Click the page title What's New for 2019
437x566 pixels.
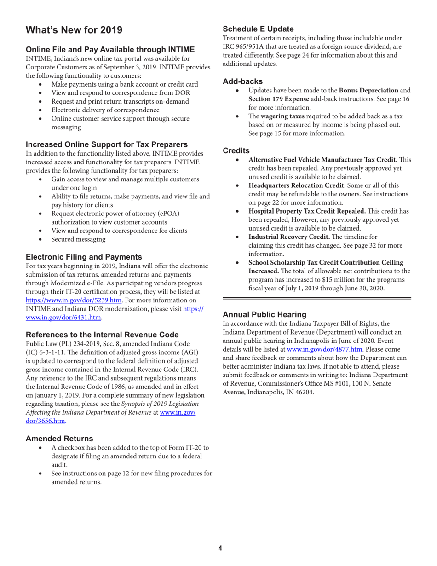tap(74, 30)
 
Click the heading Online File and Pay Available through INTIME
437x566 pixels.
tap(110, 49)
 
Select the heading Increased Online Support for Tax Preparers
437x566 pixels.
tap(106, 144)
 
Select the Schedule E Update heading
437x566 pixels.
tap(258, 29)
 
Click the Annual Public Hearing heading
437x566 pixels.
tap(264, 315)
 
